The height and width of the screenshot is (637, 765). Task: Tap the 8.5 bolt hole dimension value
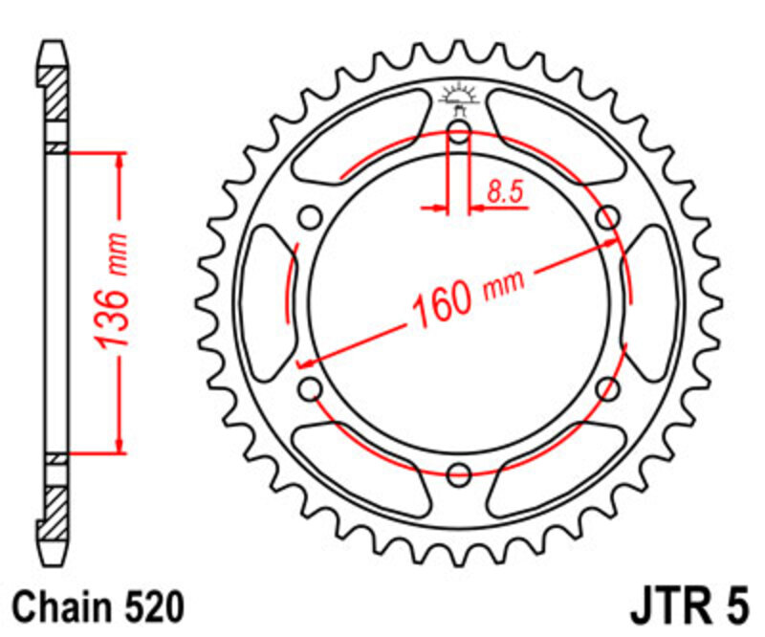coord(505,192)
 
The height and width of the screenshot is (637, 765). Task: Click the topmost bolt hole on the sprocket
coord(459,133)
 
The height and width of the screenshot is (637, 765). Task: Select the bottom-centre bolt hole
coord(459,472)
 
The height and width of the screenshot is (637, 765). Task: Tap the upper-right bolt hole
coord(606,217)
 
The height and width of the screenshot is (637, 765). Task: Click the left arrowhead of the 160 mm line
coord(306,362)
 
